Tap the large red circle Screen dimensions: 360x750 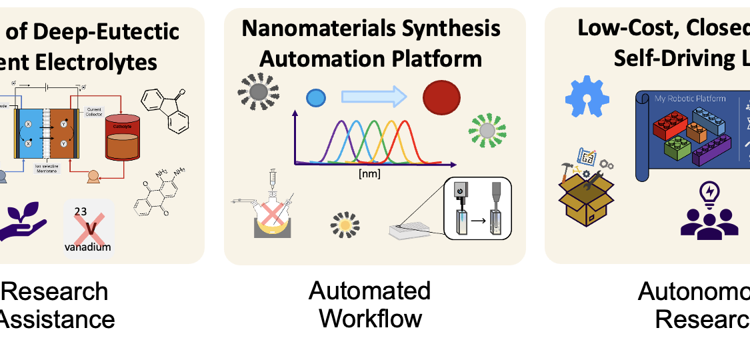[x=441, y=98]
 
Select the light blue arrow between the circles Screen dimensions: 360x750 [x=374, y=97]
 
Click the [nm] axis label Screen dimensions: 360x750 [x=369, y=175]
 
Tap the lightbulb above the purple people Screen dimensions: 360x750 [x=709, y=193]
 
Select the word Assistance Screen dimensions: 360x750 [x=56, y=319]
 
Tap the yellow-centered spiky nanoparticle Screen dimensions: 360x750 [x=345, y=225]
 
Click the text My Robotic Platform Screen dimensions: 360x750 [x=690, y=99]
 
